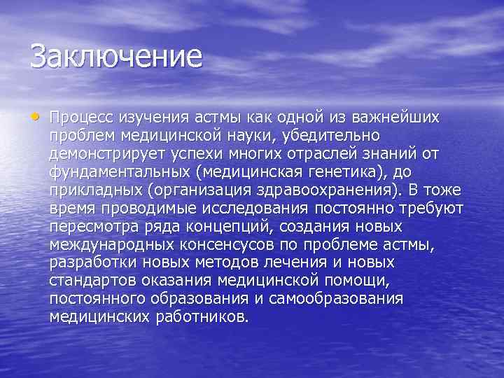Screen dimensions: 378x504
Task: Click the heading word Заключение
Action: (115, 56)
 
